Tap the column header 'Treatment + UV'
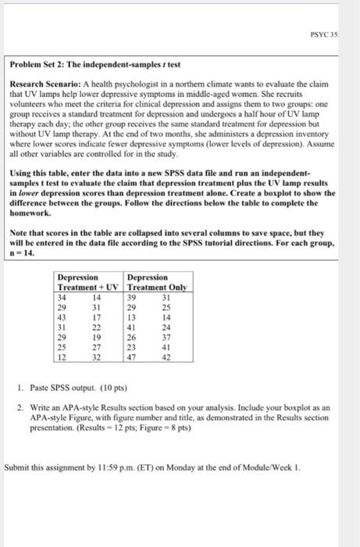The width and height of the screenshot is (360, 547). coord(87,288)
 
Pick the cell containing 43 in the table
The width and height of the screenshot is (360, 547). coord(65,318)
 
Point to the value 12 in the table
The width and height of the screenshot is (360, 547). coord(65,359)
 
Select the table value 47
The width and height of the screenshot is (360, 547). coord(132,359)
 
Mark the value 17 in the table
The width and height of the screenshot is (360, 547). coord(97,318)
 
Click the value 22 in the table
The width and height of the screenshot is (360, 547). coord(97,328)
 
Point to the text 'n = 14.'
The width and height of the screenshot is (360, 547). coord(23,253)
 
